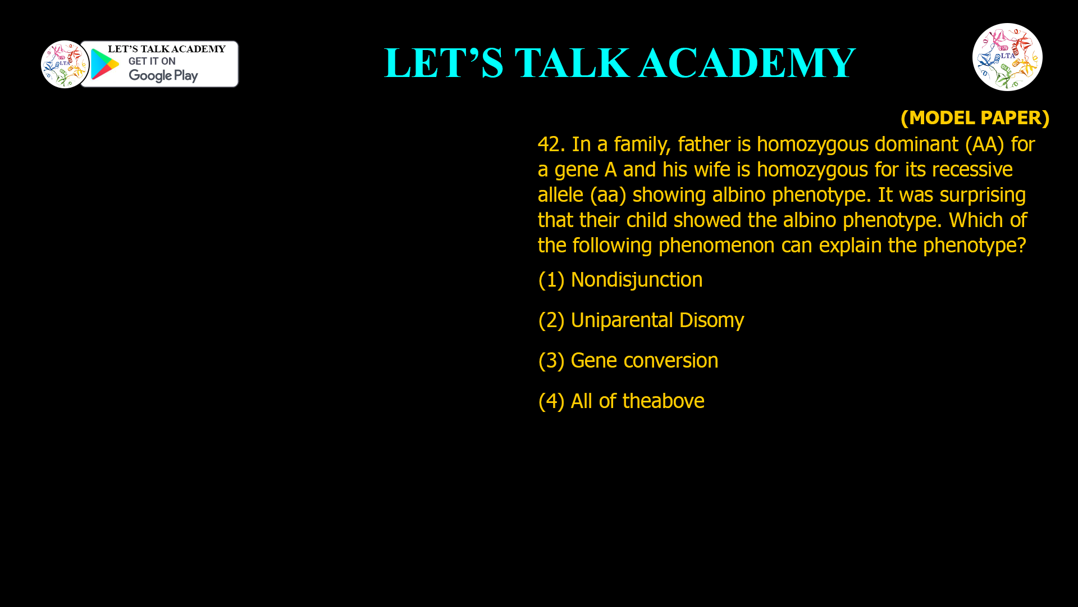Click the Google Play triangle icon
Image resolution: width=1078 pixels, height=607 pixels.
pos(104,64)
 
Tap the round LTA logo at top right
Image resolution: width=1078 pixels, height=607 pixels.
pos(1007,57)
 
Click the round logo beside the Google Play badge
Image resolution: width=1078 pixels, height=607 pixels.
pos(65,64)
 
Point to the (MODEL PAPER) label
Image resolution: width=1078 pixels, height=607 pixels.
pos(975,117)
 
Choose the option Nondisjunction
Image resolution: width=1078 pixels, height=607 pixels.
pos(636,280)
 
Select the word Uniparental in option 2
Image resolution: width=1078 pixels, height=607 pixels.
pos(622,320)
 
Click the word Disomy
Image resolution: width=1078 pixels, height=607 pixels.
pos(711,320)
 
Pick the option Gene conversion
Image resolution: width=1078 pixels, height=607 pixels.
pos(644,361)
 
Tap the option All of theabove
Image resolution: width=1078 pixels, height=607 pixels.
pos(637,401)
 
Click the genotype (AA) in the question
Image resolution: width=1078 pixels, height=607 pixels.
pos(984,144)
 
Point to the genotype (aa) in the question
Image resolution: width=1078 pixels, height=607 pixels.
pos(607,195)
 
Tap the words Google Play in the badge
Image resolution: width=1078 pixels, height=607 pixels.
pos(163,75)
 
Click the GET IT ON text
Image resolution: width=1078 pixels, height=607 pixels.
pos(152,61)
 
